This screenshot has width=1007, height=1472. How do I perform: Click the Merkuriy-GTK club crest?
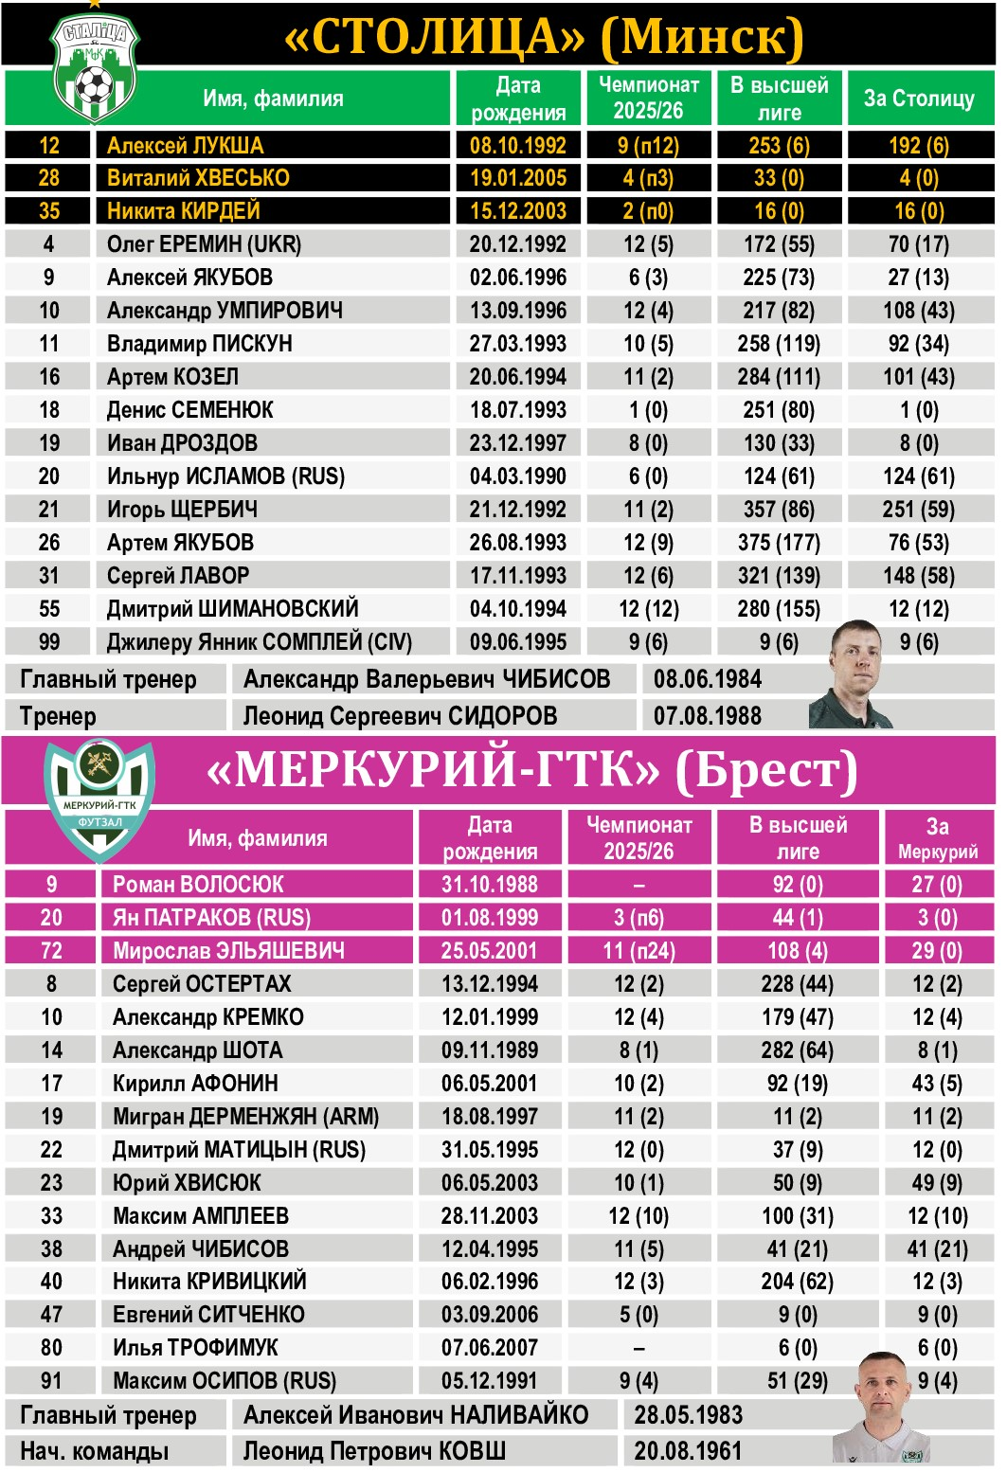pyautogui.click(x=99, y=801)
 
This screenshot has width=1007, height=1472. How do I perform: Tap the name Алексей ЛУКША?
pyautogui.click(x=185, y=145)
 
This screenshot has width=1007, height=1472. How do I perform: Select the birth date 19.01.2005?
pyautogui.click(x=517, y=178)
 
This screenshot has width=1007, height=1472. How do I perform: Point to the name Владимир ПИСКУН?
pyautogui.click(x=199, y=344)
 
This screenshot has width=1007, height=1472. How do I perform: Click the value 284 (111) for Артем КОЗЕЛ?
pyautogui.click(x=779, y=377)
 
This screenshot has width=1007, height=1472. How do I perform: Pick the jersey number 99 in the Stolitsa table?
pyautogui.click(x=49, y=642)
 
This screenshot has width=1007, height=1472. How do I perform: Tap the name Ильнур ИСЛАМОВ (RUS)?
pyautogui.click(x=225, y=476)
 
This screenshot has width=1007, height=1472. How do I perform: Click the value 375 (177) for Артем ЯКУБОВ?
pyautogui.click(x=779, y=543)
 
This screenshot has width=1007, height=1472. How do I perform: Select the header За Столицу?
pyautogui.click(x=918, y=99)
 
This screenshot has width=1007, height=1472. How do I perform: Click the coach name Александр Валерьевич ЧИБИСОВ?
pyautogui.click(x=426, y=679)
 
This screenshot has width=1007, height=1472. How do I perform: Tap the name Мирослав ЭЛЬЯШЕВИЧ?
pyautogui.click(x=228, y=950)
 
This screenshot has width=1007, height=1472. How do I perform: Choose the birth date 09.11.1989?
pyautogui.click(x=489, y=1050)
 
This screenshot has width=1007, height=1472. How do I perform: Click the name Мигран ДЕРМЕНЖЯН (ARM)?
pyautogui.click(x=245, y=1116)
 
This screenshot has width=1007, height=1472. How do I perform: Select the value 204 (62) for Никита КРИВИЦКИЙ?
pyautogui.click(x=797, y=1282)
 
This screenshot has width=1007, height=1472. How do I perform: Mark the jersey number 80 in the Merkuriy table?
pyautogui.click(x=51, y=1348)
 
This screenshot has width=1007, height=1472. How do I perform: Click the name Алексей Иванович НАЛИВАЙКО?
pyautogui.click(x=416, y=1415)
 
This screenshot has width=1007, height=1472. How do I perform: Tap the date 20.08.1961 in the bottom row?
pyautogui.click(x=688, y=1451)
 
